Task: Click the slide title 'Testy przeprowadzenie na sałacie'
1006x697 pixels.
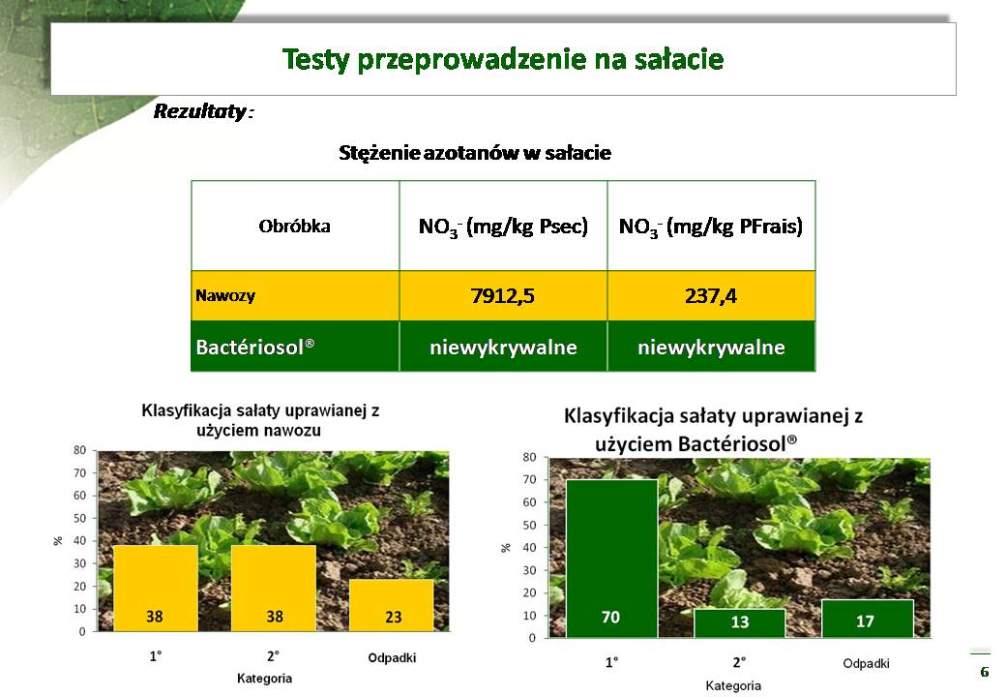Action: pyautogui.click(x=503, y=59)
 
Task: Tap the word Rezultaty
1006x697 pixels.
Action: pyautogui.click(x=199, y=111)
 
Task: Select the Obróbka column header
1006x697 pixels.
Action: pyautogui.click(x=294, y=226)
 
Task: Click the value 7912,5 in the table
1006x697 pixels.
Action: pyautogui.click(x=502, y=296)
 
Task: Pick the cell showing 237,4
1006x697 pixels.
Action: pyautogui.click(x=711, y=296)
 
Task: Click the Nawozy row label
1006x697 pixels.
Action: pyautogui.click(x=225, y=296)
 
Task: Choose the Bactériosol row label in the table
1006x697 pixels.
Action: pyautogui.click(x=254, y=347)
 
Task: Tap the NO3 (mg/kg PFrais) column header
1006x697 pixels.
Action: pyautogui.click(x=711, y=227)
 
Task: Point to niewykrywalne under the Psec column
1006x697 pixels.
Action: pyautogui.click(x=503, y=348)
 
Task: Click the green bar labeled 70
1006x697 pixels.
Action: pyautogui.click(x=612, y=558)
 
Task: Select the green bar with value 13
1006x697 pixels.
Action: pyautogui.click(x=740, y=622)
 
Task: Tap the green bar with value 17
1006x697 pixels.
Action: pyautogui.click(x=868, y=618)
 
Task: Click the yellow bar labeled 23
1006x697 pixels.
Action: pyautogui.click(x=392, y=605)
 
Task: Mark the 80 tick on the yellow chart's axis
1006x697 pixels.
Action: pyautogui.click(x=79, y=450)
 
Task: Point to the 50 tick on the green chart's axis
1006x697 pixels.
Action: pyautogui.click(x=529, y=525)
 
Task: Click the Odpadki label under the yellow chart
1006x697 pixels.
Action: pyautogui.click(x=392, y=658)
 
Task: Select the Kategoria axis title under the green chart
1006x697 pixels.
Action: pyautogui.click(x=733, y=685)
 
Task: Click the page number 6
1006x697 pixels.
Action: pyautogui.click(x=985, y=672)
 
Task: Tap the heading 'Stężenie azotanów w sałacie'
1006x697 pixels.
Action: pyautogui.click(x=475, y=153)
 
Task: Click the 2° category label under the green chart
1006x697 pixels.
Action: pyautogui.click(x=739, y=662)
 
